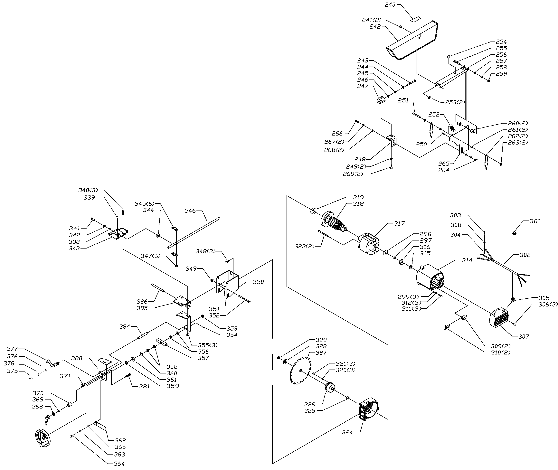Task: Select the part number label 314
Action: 467,260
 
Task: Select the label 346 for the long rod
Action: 190,211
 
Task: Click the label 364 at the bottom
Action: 119,464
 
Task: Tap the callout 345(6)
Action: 144,203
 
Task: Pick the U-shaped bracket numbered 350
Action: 227,284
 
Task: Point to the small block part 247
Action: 381,100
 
